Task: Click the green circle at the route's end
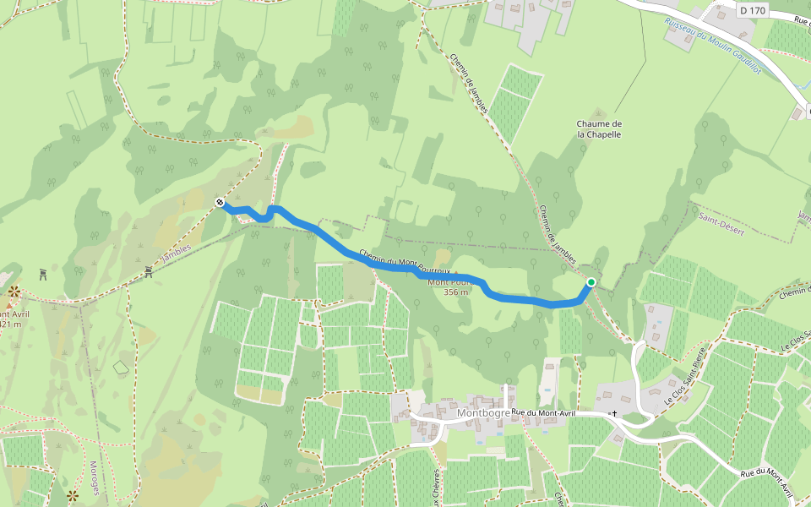(x=591, y=283)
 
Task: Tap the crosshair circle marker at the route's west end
(x=220, y=203)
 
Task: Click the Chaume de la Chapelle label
(x=599, y=128)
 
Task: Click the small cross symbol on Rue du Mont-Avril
(x=614, y=414)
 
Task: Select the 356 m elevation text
(x=455, y=292)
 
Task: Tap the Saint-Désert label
(x=715, y=218)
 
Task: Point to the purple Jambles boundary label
(x=176, y=253)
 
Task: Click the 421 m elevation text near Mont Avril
(x=10, y=324)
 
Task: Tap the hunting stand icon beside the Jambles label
(x=149, y=270)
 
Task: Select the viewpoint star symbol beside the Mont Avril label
(x=14, y=292)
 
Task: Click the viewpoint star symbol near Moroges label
(x=72, y=494)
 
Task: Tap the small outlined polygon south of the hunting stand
(x=122, y=368)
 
